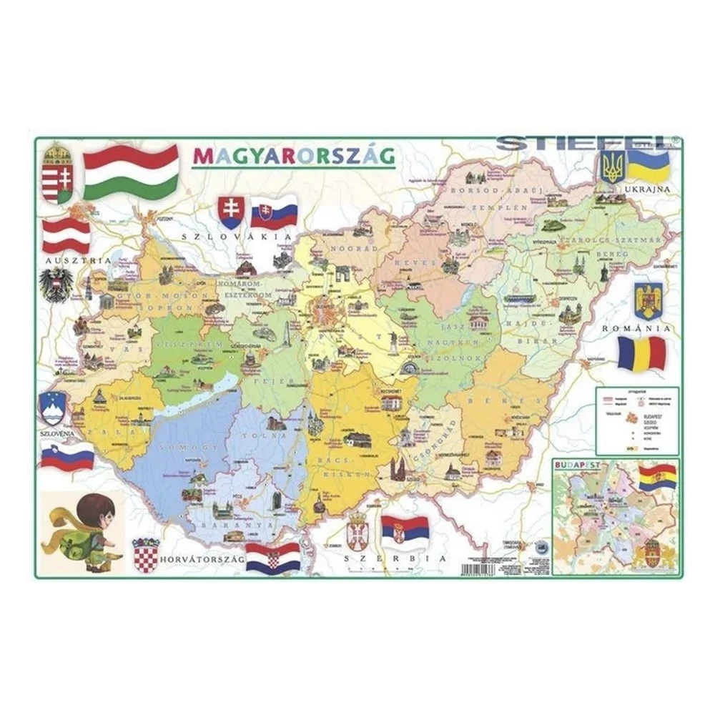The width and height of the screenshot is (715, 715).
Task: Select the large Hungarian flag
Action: point(131,171)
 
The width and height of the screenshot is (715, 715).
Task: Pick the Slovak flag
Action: point(274,212)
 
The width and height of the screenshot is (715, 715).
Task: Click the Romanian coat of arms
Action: point(648,300)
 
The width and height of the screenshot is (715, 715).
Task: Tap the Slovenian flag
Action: point(66,456)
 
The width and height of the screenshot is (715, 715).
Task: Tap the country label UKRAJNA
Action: point(646,189)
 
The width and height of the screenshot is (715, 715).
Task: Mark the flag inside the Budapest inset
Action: point(656,476)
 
